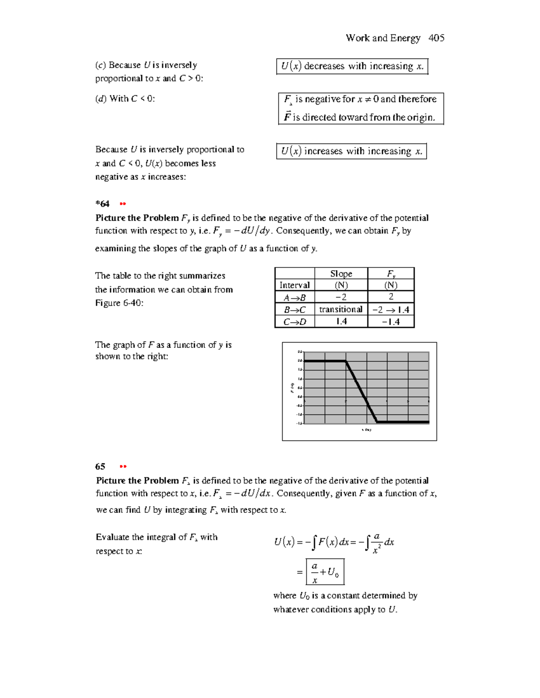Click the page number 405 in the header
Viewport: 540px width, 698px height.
[x=436, y=38]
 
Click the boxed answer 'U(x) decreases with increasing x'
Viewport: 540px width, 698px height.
[x=352, y=67]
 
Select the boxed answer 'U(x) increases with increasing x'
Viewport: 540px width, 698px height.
[x=351, y=151]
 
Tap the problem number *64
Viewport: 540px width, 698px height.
[x=103, y=204]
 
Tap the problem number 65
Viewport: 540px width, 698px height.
[x=100, y=467]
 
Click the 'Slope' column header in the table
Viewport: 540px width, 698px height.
[x=341, y=274]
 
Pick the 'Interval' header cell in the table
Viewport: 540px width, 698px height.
[x=294, y=285]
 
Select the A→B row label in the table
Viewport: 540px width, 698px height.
[x=294, y=297]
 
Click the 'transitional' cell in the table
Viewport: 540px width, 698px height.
[x=341, y=309]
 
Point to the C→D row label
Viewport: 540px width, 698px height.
[x=294, y=322]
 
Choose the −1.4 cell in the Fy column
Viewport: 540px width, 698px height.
[x=391, y=322]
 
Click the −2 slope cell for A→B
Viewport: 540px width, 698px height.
[x=341, y=297]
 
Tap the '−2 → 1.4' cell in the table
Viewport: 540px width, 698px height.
[x=391, y=310]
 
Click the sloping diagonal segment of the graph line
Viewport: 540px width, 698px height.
[x=361, y=391]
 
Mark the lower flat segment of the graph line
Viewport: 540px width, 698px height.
[x=403, y=422]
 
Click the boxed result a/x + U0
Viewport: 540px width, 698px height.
[x=325, y=572]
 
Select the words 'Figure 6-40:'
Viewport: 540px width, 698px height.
[x=119, y=303]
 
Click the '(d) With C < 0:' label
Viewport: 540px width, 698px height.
[x=125, y=99]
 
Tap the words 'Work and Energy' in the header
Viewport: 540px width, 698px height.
[x=383, y=38]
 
